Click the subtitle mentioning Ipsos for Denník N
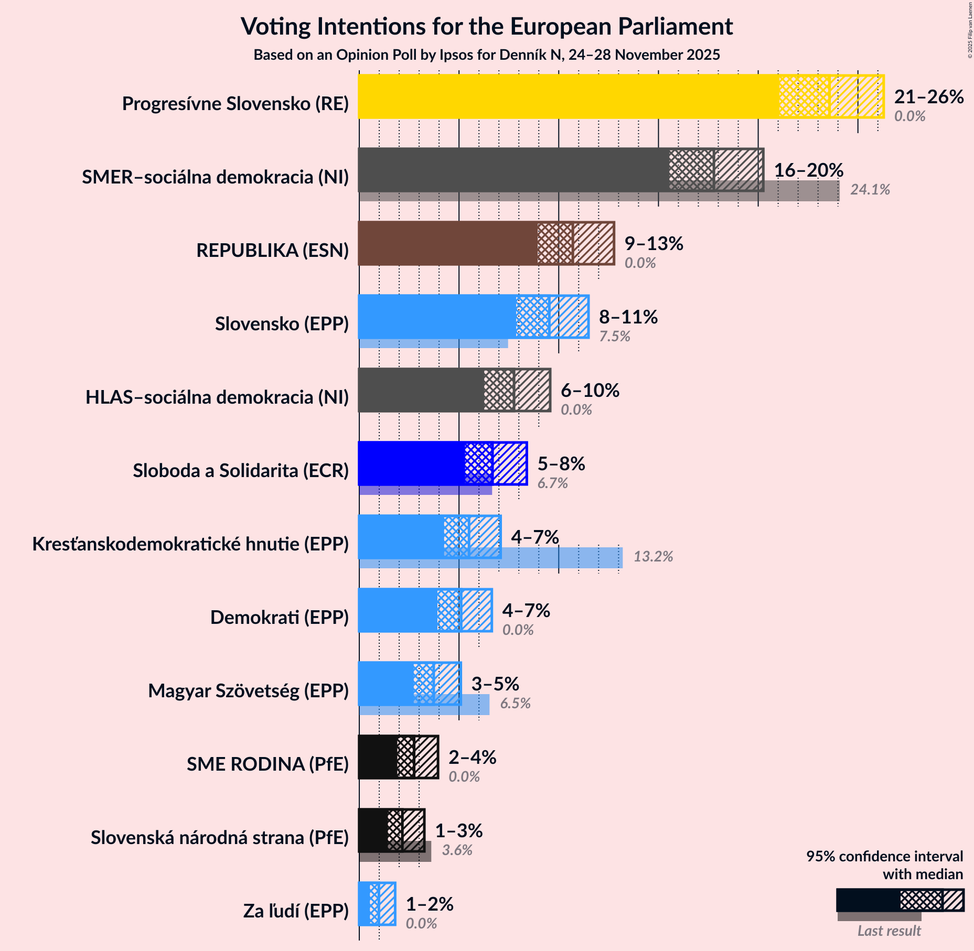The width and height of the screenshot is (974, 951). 486,55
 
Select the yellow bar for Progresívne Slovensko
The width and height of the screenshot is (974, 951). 566,96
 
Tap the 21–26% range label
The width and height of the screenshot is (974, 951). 928,97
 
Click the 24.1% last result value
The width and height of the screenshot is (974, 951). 870,190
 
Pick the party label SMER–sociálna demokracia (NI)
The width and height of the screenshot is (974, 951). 215,177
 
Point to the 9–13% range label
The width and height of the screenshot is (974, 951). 654,244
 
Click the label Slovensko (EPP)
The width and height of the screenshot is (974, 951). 282,324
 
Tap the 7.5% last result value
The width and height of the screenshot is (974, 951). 614,337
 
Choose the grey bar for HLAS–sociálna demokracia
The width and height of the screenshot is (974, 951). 420,390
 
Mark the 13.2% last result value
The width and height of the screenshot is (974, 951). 653,557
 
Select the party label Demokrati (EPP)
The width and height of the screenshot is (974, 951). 279,618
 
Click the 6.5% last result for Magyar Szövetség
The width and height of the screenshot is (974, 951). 515,704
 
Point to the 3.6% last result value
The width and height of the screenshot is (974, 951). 457,850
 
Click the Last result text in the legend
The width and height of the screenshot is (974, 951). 889,931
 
